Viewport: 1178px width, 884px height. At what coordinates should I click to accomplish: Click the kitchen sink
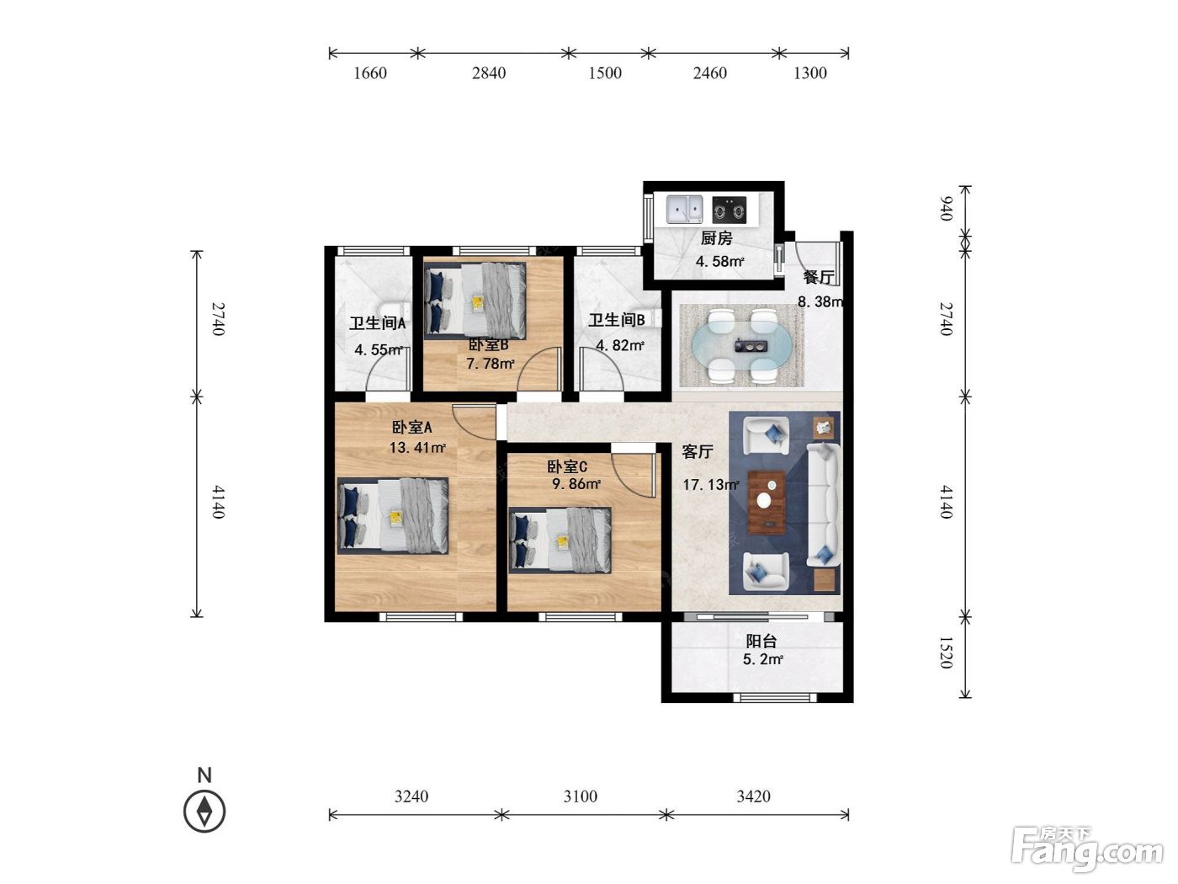pyautogui.click(x=684, y=210)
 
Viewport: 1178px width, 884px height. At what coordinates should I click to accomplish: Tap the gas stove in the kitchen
pyautogui.click(x=730, y=210)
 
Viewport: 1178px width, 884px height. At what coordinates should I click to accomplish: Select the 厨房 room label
pyautogui.click(x=716, y=238)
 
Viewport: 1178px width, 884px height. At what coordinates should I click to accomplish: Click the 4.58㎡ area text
pyautogui.click(x=719, y=262)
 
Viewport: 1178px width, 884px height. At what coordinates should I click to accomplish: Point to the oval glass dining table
pyautogui.click(x=741, y=346)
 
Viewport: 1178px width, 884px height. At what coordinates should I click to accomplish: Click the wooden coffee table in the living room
pyautogui.click(x=767, y=503)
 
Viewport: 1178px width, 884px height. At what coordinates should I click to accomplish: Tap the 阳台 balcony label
pyautogui.click(x=761, y=641)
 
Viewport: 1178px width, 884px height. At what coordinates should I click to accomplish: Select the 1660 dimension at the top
pyautogui.click(x=369, y=73)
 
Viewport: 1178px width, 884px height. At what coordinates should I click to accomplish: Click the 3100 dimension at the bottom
pyautogui.click(x=580, y=796)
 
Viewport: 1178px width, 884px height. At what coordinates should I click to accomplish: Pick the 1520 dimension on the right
pyautogui.click(x=946, y=652)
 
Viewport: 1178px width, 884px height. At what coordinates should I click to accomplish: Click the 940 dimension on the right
pyautogui.click(x=946, y=209)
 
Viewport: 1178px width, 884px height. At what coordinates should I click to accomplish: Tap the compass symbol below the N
pyautogui.click(x=204, y=812)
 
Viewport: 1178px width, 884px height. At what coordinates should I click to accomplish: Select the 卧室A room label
pyautogui.click(x=412, y=428)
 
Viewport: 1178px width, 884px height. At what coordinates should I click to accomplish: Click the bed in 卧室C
pyautogui.click(x=560, y=541)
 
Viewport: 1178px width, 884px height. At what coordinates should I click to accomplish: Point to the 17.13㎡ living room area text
pyautogui.click(x=710, y=485)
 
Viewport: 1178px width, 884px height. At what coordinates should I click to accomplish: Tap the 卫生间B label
pyautogui.click(x=617, y=321)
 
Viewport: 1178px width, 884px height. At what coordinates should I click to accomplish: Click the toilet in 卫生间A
pyautogui.click(x=394, y=310)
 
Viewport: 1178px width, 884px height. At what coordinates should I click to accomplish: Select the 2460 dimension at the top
pyautogui.click(x=709, y=73)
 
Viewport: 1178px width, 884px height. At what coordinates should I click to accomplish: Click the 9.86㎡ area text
pyautogui.click(x=576, y=484)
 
